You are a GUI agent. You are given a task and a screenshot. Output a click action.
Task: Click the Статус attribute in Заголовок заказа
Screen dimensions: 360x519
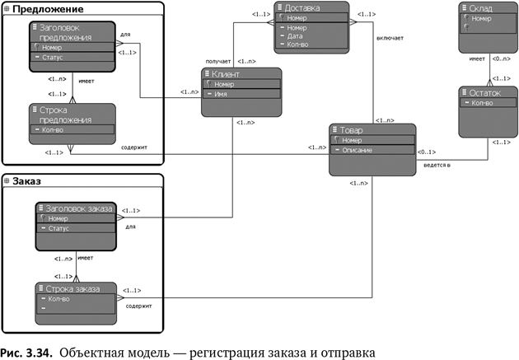(58, 228)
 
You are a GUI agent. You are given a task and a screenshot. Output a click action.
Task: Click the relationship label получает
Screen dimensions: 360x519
(217, 61)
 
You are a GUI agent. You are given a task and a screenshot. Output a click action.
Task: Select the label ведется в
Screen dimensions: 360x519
(437, 165)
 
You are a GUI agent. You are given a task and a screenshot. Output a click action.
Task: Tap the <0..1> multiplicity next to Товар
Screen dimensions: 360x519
(426, 152)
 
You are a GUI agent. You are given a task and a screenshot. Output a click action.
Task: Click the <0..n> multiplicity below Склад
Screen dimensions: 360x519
(500, 59)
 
